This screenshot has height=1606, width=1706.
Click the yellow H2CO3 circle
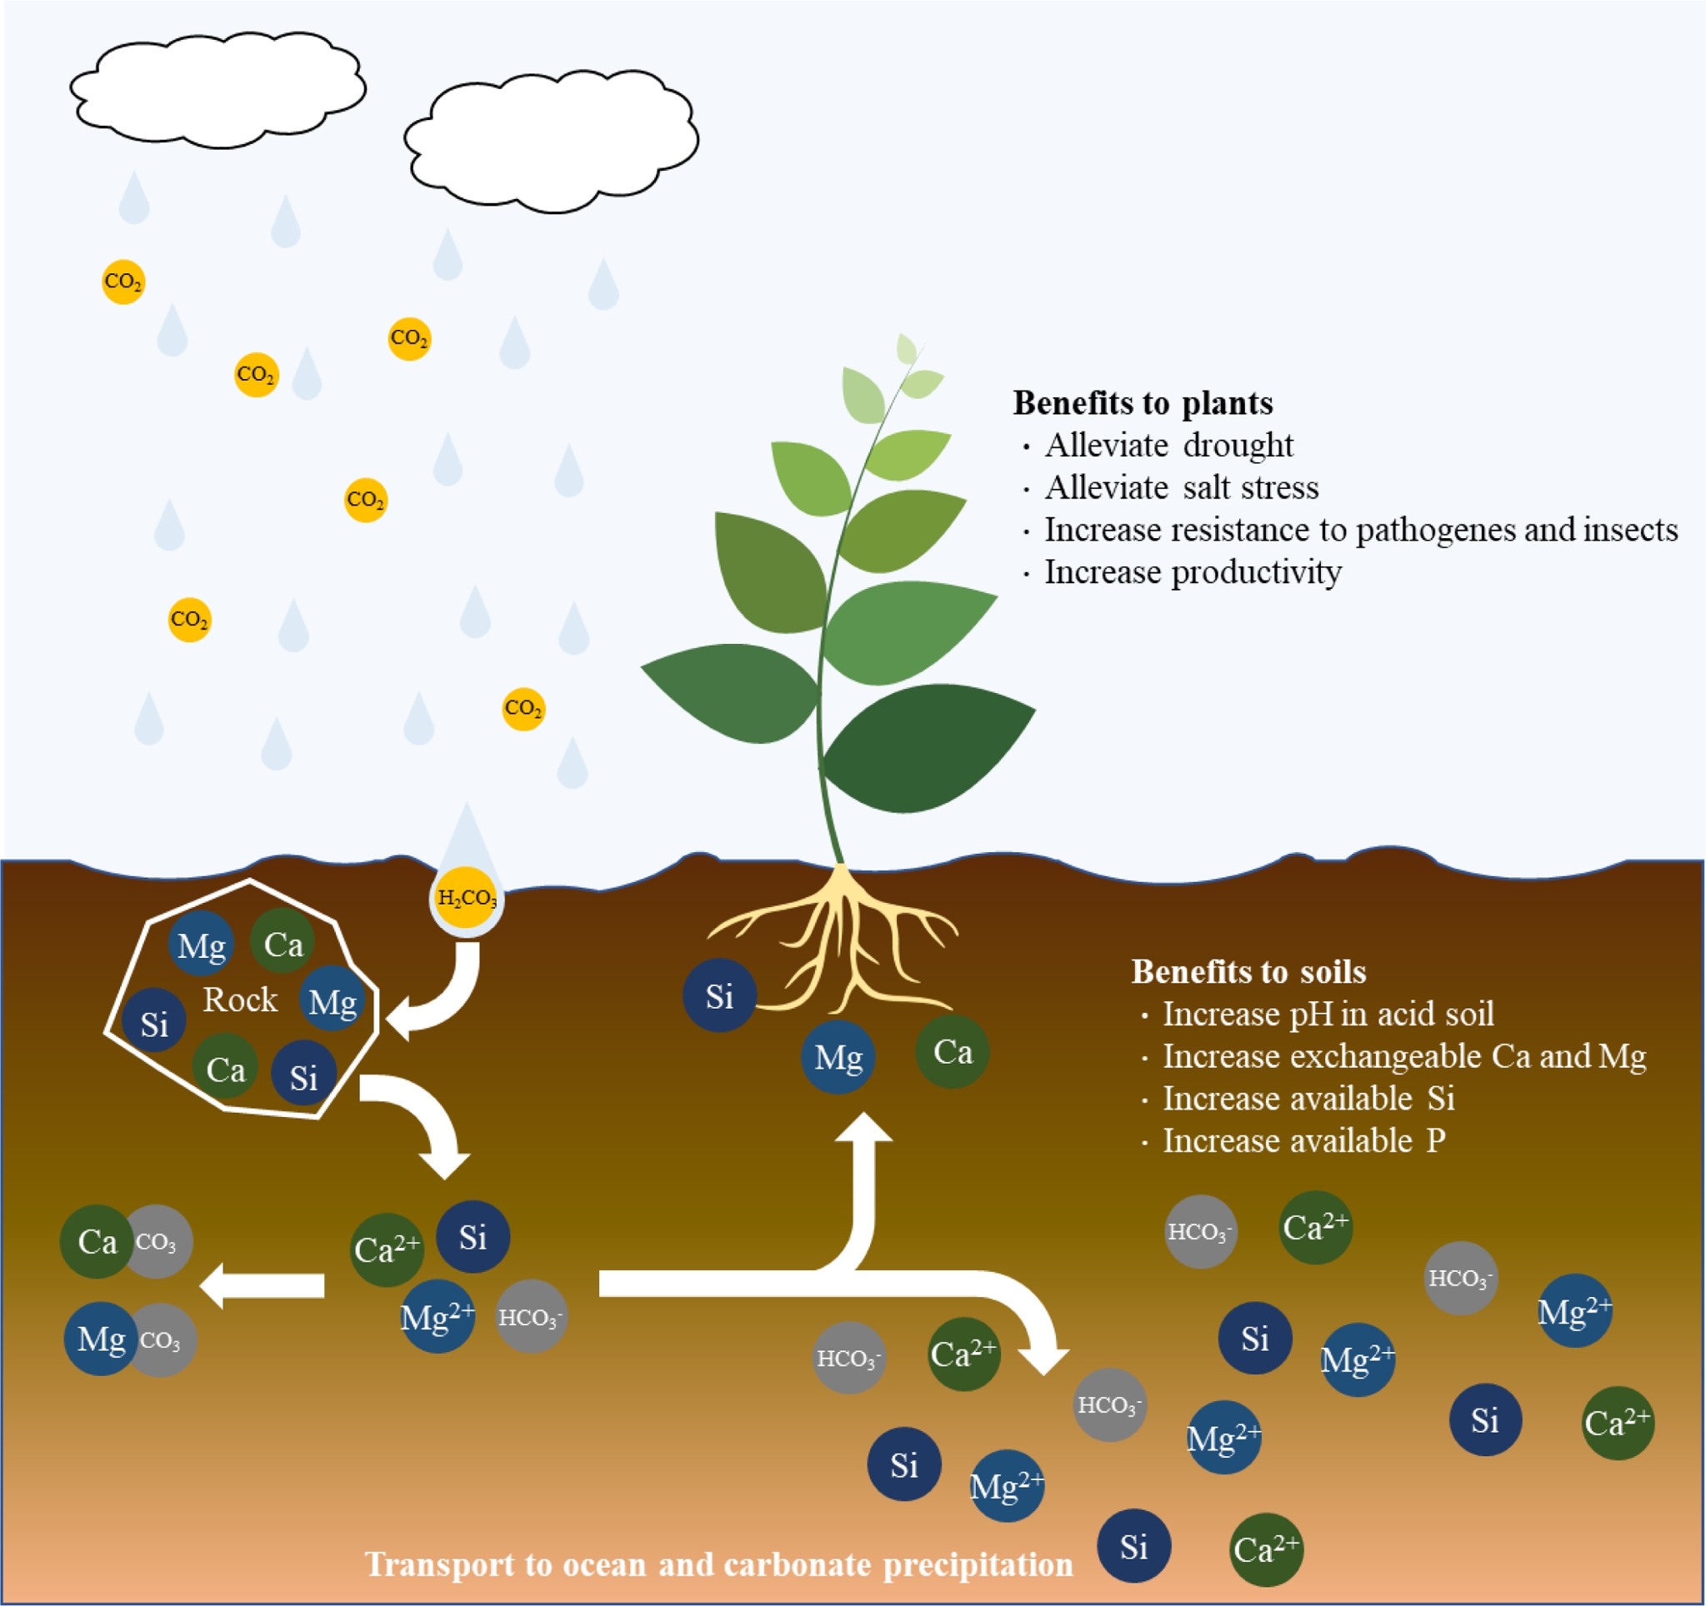point(466,898)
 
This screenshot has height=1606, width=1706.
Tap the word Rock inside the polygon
point(239,1000)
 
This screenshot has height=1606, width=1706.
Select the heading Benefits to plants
point(1143,403)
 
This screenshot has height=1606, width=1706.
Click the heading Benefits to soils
point(1248,972)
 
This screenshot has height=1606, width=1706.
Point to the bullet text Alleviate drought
point(1168,446)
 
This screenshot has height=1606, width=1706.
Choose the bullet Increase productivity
point(1192,572)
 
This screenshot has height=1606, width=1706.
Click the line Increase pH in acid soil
point(1328,1014)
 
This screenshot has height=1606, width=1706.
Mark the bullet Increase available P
point(1303,1141)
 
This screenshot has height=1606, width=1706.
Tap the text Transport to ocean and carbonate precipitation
point(718,1564)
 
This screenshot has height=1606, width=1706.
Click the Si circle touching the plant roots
point(719,995)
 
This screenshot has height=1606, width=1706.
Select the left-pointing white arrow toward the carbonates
point(262,1285)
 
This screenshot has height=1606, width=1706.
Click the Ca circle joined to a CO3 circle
point(97,1241)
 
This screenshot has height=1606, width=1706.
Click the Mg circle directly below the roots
point(838,1057)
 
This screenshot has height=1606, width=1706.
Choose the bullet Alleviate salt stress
point(1181,487)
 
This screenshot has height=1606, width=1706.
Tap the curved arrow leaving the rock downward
point(421,1115)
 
